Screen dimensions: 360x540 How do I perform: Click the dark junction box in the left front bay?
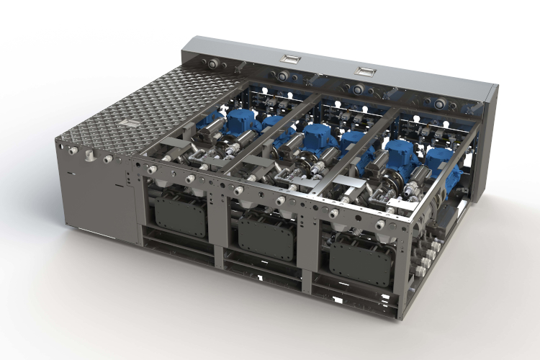point(179,216)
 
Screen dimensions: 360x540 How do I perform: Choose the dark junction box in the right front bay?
point(361,262)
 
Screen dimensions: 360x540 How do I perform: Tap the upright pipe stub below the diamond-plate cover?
point(89,156)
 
